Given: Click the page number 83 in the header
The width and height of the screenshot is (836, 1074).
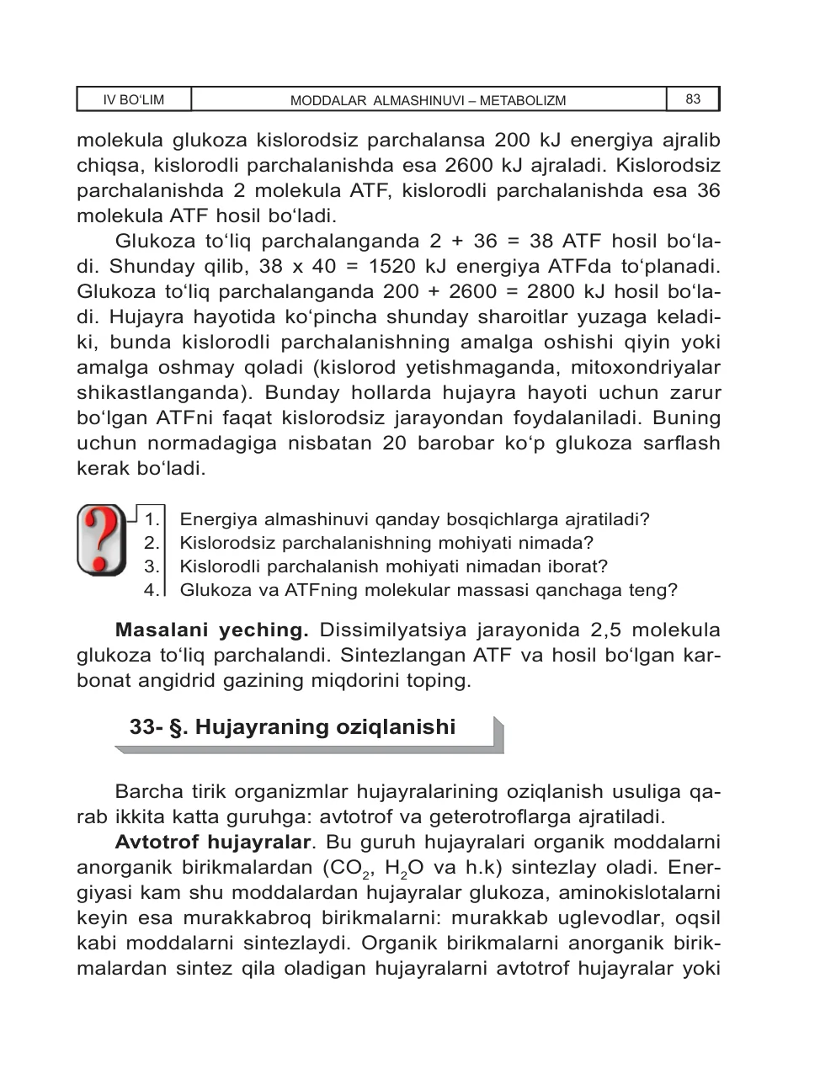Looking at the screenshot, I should tap(693, 99).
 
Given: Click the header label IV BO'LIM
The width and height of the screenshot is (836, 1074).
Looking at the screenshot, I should tap(133, 100).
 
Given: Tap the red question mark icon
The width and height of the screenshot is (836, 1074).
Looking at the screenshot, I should tap(101, 540).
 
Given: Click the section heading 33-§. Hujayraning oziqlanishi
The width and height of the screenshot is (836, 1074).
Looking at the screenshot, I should tap(292, 727).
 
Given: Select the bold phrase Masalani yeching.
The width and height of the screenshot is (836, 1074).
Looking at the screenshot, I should tap(211, 630).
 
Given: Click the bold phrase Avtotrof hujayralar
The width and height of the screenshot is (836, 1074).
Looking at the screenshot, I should tap(213, 843).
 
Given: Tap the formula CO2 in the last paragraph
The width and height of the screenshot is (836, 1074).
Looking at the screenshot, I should tap(341, 869).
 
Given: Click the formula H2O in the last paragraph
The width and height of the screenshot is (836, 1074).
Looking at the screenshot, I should tap(402, 869).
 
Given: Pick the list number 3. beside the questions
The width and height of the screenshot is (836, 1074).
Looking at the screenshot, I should tap(152, 566).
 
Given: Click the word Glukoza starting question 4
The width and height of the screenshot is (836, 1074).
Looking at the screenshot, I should tap(213, 590).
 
